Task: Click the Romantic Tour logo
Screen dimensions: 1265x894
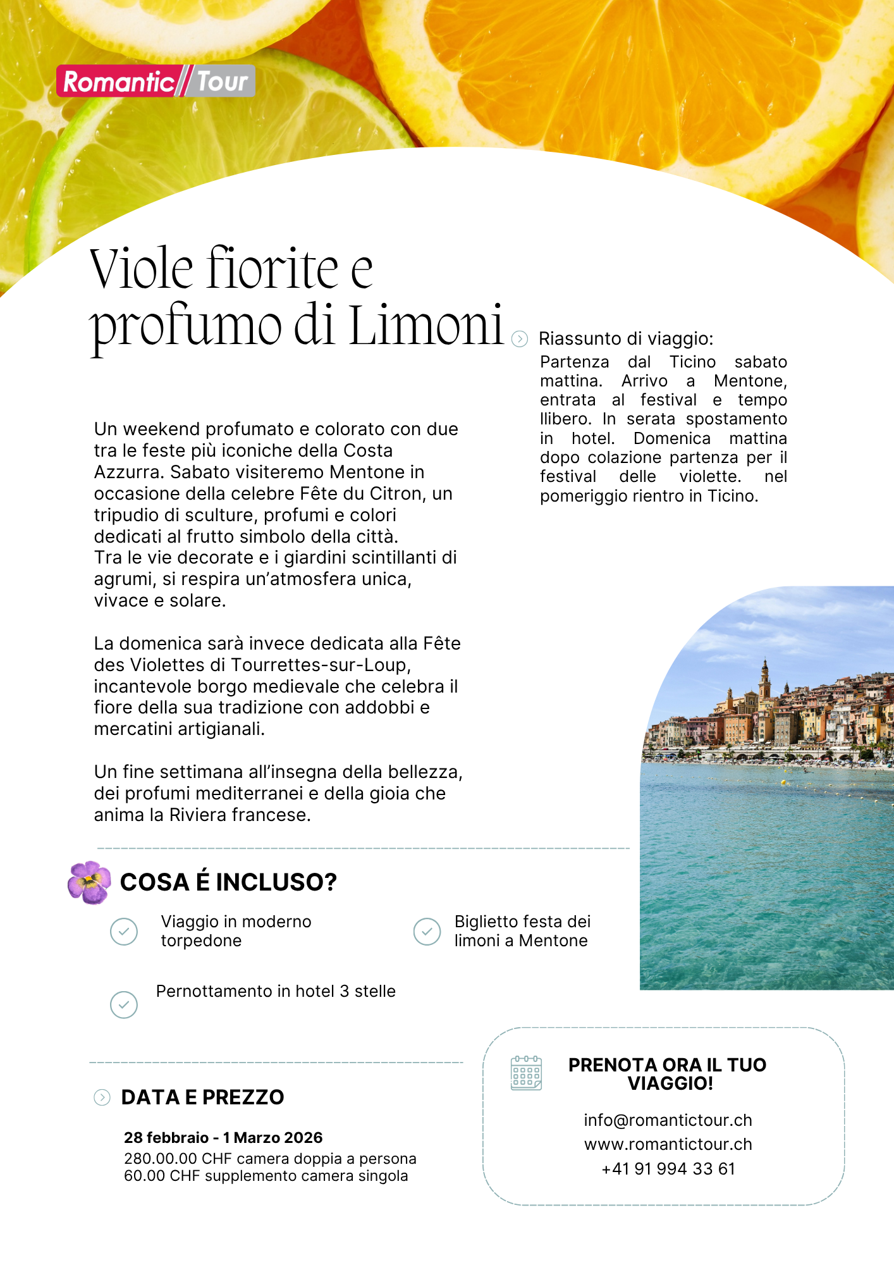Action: [x=156, y=81]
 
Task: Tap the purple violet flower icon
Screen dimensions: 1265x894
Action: [x=89, y=882]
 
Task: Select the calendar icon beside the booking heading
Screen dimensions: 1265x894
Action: [x=526, y=1073]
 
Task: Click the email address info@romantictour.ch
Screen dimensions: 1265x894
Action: [x=668, y=1120]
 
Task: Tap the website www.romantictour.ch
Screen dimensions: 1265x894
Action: [x=668, y=1144]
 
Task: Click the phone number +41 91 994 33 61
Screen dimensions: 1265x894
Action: [x=668, y=1169]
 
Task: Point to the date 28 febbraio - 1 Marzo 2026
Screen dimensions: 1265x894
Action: [x=223, y=1137]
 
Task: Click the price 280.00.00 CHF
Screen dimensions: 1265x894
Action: [x=161, y=1159]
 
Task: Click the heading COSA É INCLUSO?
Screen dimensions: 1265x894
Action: [x=228, y=882]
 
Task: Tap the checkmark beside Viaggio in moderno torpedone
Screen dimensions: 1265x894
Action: [x=124, y=932]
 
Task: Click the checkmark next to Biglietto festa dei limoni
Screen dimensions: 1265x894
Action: [x=427, y=932]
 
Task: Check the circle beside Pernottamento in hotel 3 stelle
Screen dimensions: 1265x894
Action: [x=124, y=1004]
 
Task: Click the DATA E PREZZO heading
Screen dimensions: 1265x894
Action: [x=202, y=1097]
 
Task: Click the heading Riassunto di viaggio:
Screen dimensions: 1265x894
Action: [x=626, y=339]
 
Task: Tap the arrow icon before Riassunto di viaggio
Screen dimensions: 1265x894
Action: [x=519, y=339]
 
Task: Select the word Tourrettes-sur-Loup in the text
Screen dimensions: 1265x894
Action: [x=321, y=665]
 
